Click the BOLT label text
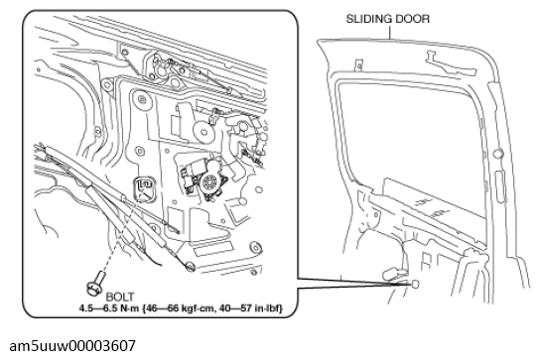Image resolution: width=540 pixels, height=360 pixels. pyautogui.click(x=120, y=297)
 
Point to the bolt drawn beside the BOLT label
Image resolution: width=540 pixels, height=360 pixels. pyautogui.click(x=95, y=284)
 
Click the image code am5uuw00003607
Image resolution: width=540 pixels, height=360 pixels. pyautogui.click(x=72, y=346)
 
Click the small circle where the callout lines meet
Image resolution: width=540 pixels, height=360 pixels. pyautogui.click(x=415, y=284)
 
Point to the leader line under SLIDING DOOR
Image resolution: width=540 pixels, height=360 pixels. pyautogui.click(x=390, y=33)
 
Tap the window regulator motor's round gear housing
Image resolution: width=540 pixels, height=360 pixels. pyautogui.click(x=209, y=182)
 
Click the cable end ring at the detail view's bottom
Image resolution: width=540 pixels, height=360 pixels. pyautogui.click(x=190, y=266)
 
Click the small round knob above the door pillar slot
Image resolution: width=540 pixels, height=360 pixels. pyautogui.click(x=498, y=153)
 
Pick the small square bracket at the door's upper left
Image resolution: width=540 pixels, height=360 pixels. pyautogui.click(x=358, y=65)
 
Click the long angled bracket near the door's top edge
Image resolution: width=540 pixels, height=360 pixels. pyautogui.click(x=451, y=64)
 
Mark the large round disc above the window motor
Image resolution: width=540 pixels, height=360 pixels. pyautogui.click(x=202, y=132)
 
